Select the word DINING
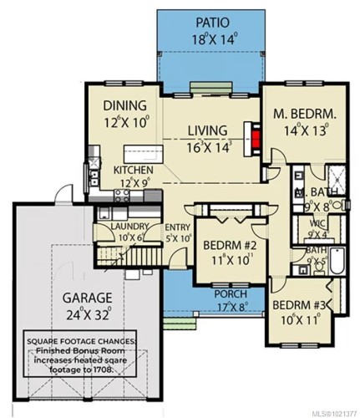125,106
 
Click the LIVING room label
207,130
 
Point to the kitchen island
142,154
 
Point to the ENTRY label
178,227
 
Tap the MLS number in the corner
332,411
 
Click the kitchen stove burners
122,196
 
